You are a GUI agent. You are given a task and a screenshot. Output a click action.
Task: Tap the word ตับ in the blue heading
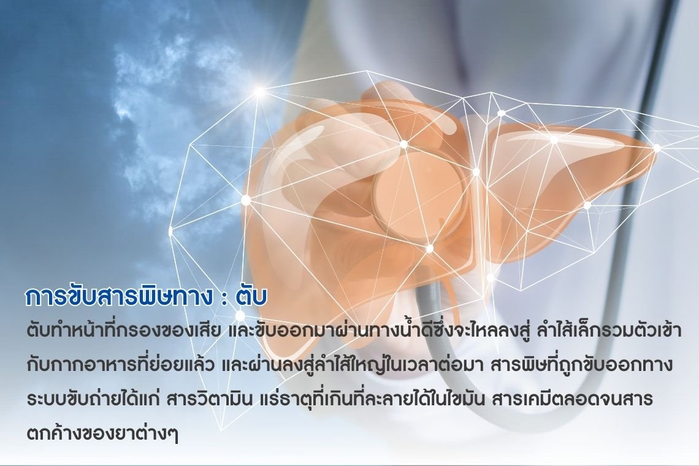251,297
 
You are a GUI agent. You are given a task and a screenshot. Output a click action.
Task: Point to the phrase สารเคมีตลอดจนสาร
573,398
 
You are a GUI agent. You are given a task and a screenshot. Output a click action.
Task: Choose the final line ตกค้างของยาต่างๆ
102,432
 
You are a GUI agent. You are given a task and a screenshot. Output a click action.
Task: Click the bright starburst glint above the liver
259,92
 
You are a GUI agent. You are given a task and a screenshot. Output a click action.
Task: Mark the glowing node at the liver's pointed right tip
657,148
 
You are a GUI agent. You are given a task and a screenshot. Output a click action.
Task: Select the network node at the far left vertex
170,231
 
